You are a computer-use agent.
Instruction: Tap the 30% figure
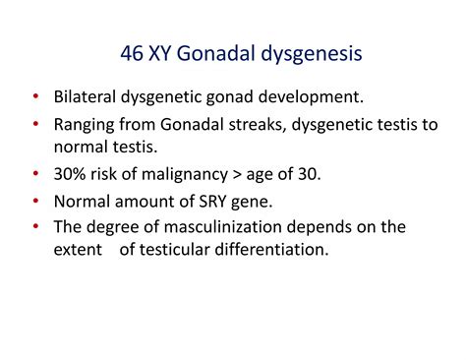[72, 176]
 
